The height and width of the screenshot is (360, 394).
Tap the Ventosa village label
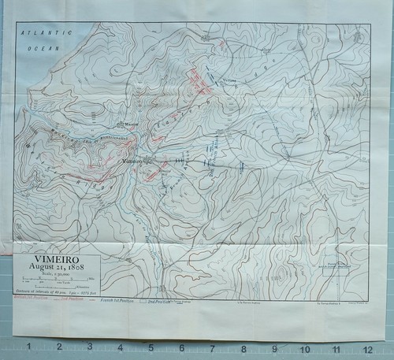pos(229,80)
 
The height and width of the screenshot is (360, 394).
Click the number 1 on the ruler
pos(29,347)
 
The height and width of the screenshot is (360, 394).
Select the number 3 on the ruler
pos(90,347)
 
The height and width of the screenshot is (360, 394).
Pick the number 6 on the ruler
pos(182,347)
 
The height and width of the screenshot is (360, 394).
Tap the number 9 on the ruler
pos(274,347)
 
